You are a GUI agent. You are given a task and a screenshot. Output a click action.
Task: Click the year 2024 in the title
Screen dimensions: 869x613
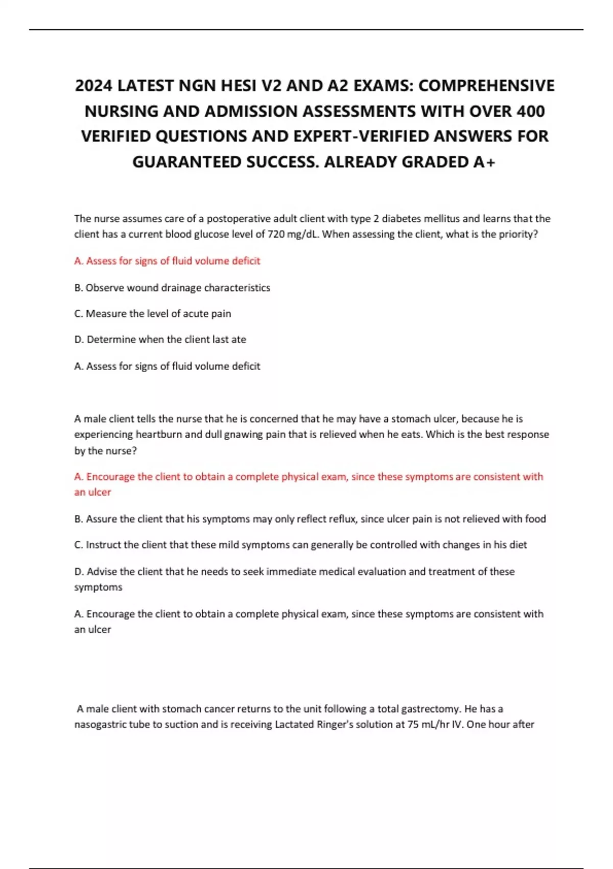pyautogui.click(x=94, y=85)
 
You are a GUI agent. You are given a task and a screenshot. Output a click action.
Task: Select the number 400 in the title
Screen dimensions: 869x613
pyautogui.click(x=530, y=111)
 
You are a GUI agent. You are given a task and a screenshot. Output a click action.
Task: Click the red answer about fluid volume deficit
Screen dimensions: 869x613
pyautogui.click(x=167, y=261)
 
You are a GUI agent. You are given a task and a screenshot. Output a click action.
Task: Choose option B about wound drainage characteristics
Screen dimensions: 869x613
pyautogui.click(x=172, y=288)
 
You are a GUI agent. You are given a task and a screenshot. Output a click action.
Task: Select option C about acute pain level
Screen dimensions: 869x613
pyautogui.click(x=152, y=313)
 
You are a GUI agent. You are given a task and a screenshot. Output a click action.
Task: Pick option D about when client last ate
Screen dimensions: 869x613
pyautogui.click(x=160, y=339)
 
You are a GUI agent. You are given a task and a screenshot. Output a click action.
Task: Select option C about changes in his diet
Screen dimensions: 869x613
pyautogui.click(x=300, y=545)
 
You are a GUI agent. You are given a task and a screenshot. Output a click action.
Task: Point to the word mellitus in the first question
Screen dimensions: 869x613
pyautogui.click(x=442, y=219)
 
